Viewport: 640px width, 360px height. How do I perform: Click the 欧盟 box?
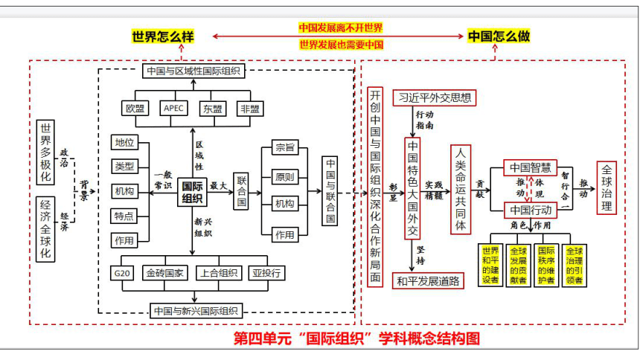pyautogui.click(x=135, y=109)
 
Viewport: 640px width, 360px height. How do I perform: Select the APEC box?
pyautogui.click(x=174, y=108)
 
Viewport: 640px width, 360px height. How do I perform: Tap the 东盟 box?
pyautogui.click(x=213, y=109)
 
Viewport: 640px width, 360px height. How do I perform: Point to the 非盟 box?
pyautogui.click(x=250, y=109)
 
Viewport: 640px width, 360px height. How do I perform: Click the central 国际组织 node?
pyautogui.click(x=192, y=192)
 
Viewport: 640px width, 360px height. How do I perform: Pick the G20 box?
pyautogui.click(x=122, y=273)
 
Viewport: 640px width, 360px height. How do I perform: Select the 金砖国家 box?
pyautogui.click(x=165, y=273)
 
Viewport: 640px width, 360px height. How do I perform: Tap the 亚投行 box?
pyautogui.click(x=266, y=273)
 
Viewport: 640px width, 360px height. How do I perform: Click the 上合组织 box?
pyautogui.click(x=219, y=273)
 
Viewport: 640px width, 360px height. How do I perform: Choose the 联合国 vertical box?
pyautogui.click(x=242, y=191)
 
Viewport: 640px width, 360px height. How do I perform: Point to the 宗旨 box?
pyautogui.click(x=285, y=147)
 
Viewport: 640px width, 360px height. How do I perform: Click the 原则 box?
pyautogui.click(x=285, y=177)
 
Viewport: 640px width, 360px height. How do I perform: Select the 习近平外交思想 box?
pyautogui.click(x=435, y=97)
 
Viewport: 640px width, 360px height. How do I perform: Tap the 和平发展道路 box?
pyautogui.click(x=428, y=281)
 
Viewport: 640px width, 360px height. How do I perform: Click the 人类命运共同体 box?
pyautogui.click(x=461, y=190)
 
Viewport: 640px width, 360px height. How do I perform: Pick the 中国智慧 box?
pyautogui.click(x=530, y=167)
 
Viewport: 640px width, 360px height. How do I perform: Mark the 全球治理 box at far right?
pyautogui.click(x=607, y=187)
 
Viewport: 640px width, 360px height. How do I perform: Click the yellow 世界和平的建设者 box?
pyautogui.click(x=490, y=266)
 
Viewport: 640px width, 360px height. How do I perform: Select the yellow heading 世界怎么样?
pyautogui.click(x=163, y=36)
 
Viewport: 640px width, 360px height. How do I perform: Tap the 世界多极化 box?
pyautogui.click(x=45, y=152)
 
